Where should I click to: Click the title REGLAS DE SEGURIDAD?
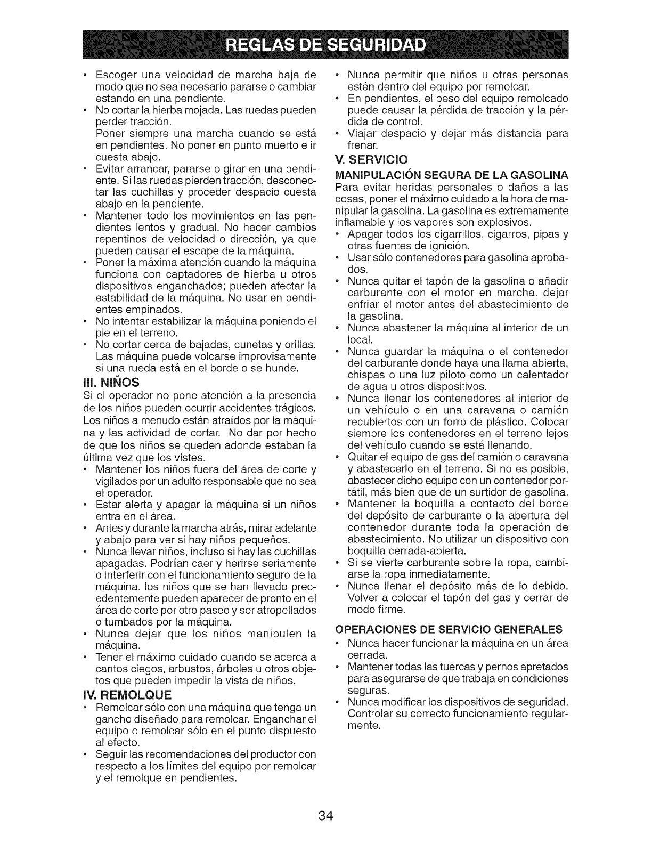pos(326,44)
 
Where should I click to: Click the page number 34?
pos(326,816)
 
